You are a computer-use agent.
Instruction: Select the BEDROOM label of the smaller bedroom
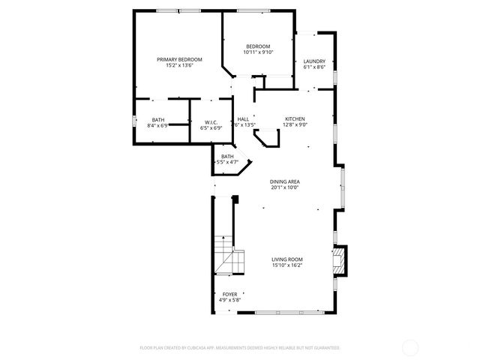(258, 46)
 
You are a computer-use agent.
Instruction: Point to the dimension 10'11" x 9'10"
(258, 52)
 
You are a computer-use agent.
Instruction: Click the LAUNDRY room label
(313, 61)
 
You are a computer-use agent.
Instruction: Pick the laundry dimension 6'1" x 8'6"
(313, 67)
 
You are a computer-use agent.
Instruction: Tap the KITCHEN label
(295, 119)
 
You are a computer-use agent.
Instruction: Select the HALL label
(243, 119)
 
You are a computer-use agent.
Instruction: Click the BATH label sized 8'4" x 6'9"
(158, 120)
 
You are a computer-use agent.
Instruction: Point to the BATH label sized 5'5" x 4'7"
(227, 156)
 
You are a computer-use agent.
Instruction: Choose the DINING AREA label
(285, 181)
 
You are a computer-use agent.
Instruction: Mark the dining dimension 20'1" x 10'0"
(285, 187)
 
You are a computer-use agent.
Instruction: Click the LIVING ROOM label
(287, 259)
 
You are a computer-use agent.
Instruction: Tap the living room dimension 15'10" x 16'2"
(287, 265)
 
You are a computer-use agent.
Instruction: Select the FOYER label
(229, 295)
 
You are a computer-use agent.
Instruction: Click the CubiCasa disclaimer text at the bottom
(240, 348)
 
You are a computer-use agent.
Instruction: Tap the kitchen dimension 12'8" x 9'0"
(295, 125)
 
